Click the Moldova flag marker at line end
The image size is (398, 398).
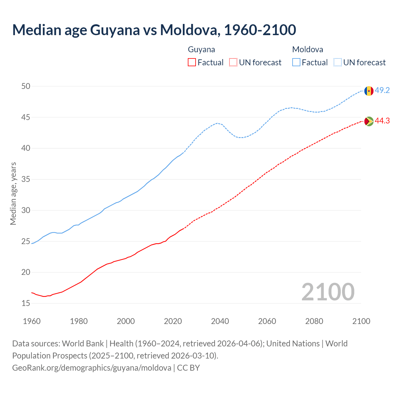pyautogui.click(x=369, y=91)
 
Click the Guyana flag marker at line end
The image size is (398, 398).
pyautogui.click(x=369, y=121)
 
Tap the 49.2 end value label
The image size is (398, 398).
pyautogui.click(x=382, y=90)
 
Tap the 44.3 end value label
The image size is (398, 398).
pyautogui.click(x=382, y=121)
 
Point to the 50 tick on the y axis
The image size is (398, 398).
pyautogui.click(x=26, y=86)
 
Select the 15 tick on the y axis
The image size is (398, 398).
pyautogui.click(x=26, y=303)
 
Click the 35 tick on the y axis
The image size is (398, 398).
pyautogui.click(x=26, y=179)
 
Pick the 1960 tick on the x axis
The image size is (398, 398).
pyautogui.click(x=32, y=321)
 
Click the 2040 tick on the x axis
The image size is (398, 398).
pyautogui.click(x=220, y=321)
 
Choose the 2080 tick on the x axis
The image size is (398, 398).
pyautogui.click(x=314, y=321)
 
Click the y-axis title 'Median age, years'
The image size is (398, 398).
pyautogui.click(x=13, y=193)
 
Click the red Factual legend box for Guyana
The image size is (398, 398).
pyautogui.click(x=192, y=62)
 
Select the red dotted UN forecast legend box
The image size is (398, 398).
pyautogui.click(x=233, y=62)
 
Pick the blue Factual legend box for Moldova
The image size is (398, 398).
pyautogui.click(x=296, y=62)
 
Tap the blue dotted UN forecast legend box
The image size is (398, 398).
pyautogui.click(x=338, y=62)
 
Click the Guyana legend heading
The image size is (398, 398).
pyautogui.click(x=201, y=49)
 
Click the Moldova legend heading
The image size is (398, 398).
pyautogui.click(x=308, y=49)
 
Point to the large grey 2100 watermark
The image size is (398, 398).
pyautogui.click(x=328, y=292)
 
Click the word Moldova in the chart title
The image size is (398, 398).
pyautogui.click(x=189, y=30)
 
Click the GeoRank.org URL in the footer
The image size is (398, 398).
pyautogui.click(x=92, y=368)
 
